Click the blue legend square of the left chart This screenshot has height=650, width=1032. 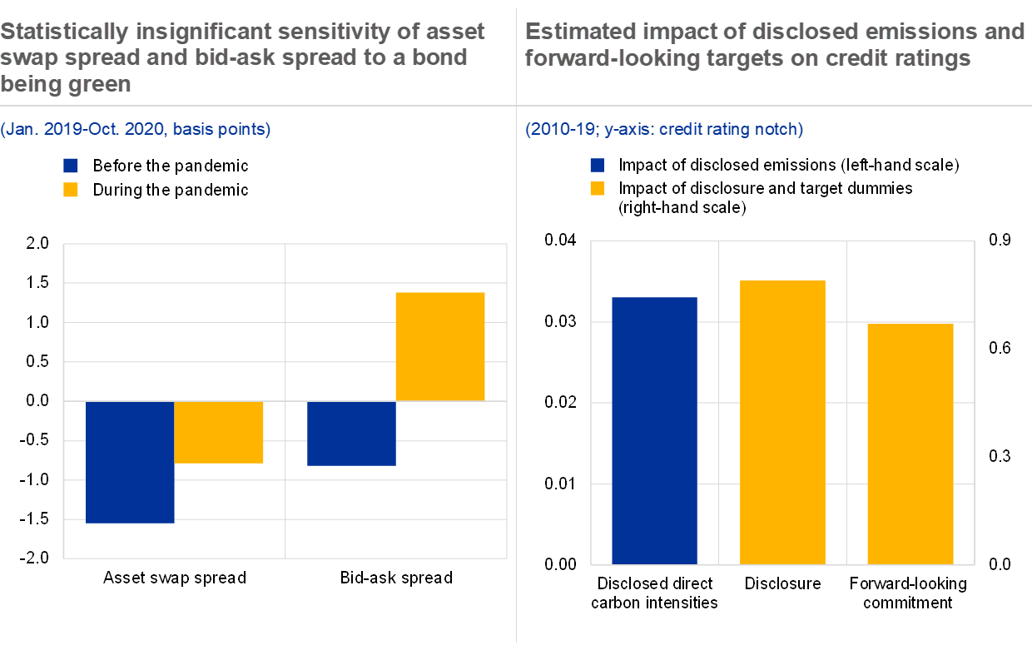click(71, 166)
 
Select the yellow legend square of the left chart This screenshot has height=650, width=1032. click(71, 190)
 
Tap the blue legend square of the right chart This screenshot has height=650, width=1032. click(597, 165)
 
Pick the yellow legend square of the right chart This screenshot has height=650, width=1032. click(597, 188)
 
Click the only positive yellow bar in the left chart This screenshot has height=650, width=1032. click(439, 346)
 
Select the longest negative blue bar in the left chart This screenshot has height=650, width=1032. click(130, 462)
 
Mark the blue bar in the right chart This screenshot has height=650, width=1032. click(654, 430)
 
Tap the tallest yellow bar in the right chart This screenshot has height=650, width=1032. click(782, 422)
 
